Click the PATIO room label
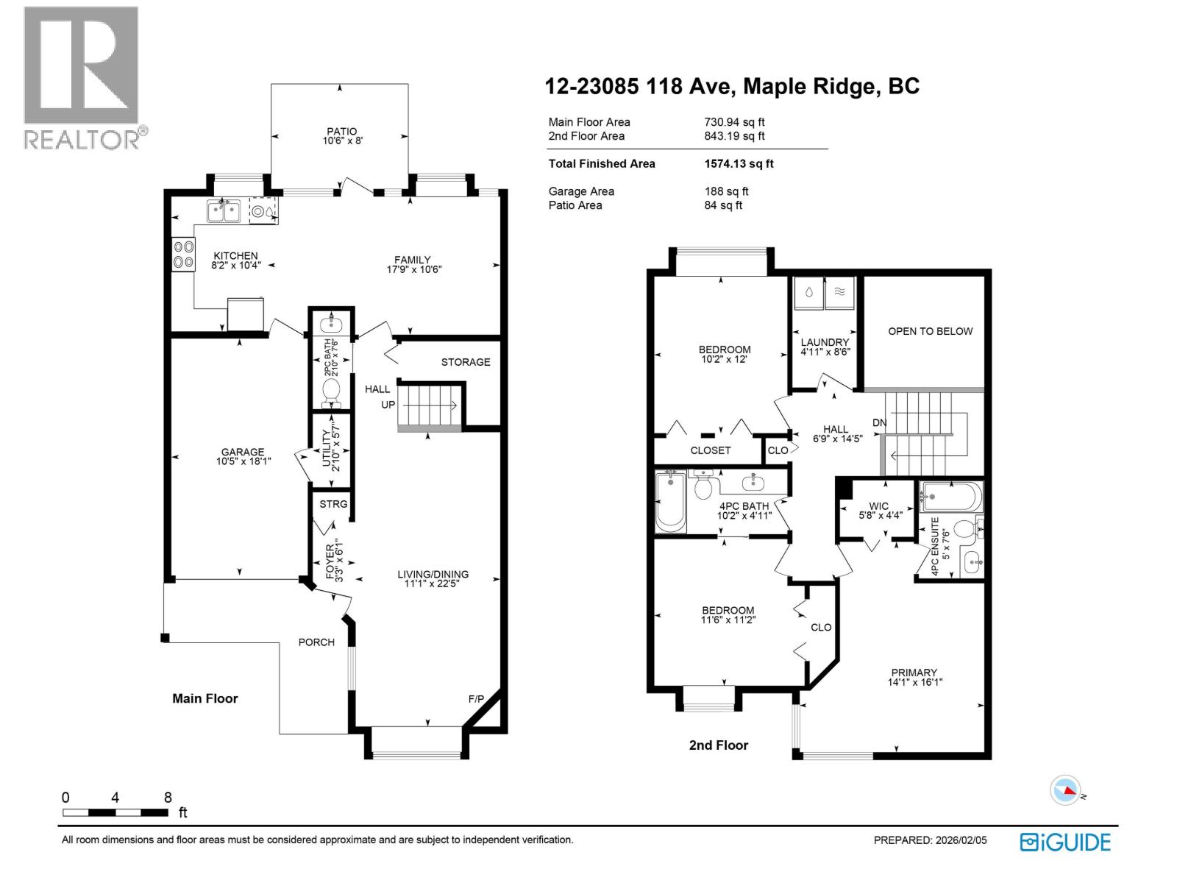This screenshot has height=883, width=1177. (342, 132)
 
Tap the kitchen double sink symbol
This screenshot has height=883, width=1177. (224, 211)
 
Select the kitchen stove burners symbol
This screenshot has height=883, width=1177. (183, 254)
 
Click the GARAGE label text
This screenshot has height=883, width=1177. (243, 453)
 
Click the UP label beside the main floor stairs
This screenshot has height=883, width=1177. (388, 405)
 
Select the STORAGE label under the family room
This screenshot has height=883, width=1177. (465, 362)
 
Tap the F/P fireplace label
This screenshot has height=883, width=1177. (476, 698)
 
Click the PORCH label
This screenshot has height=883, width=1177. (316, 642)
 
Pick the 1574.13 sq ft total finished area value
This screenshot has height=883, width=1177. (739, 164)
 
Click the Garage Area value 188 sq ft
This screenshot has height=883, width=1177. (726, 191)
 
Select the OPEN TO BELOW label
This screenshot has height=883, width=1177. (930, 331)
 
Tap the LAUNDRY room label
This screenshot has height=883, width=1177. (825, 342)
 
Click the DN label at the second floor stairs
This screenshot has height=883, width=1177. (879, 422)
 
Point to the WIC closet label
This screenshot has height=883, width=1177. (878, 506)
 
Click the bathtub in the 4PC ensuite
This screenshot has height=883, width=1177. (950, 497)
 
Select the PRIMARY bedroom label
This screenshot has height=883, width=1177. (914, 673)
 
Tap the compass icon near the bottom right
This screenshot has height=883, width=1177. (1065, 790)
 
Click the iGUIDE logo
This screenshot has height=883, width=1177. (1065, 842)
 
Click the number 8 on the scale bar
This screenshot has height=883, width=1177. (168, 798)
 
